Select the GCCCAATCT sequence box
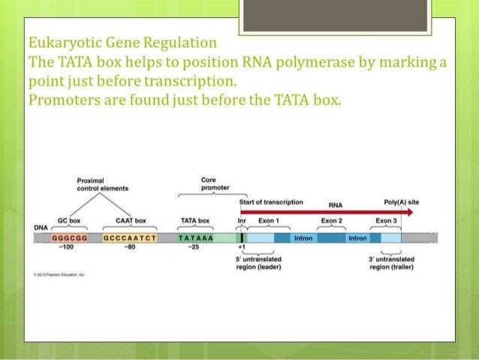click(x=130, y=238)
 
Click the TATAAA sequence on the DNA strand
click(x=197, y=238)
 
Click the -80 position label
click(x=129, y=247)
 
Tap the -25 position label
click(x=194, y=247)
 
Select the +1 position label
click(x=242, y=247)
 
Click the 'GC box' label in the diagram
click(x=70, y=221)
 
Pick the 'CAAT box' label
click(x=131, y=221)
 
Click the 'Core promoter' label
click(x=209, y=185)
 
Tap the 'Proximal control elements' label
click(x=102, y=185)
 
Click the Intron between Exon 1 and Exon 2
click(x=303, y=238)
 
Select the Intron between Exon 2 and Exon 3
click(x=357, y=238)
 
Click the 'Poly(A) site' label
click(x=402, y=202)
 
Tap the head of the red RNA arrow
click(x=409, y=213)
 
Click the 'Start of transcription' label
click(x=271, y=202)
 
